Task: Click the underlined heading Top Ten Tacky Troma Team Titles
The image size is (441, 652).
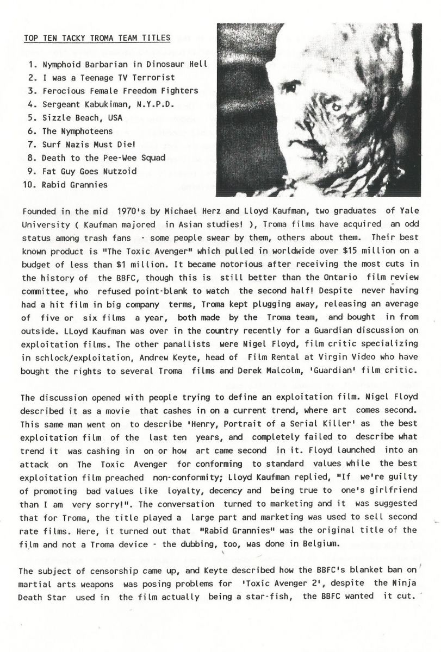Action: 97,38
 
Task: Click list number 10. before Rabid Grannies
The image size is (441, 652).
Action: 31,184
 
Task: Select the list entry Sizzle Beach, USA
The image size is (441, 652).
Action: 82,117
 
